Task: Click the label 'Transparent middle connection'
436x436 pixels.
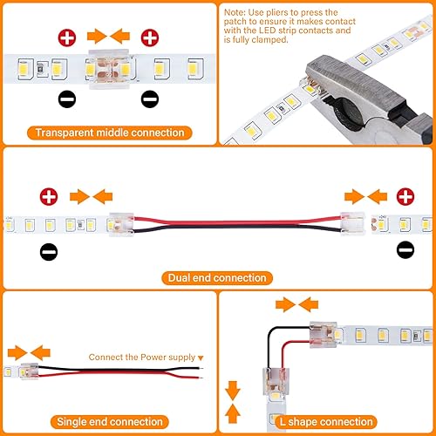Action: [x=110, y=133]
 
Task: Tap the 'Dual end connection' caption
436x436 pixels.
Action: [x=214, y=277]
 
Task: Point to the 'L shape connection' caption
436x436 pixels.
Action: [x=327, y=422]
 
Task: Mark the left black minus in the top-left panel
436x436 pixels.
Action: [x=66, y=99]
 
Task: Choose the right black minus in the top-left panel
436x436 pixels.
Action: [x=150, y=99]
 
